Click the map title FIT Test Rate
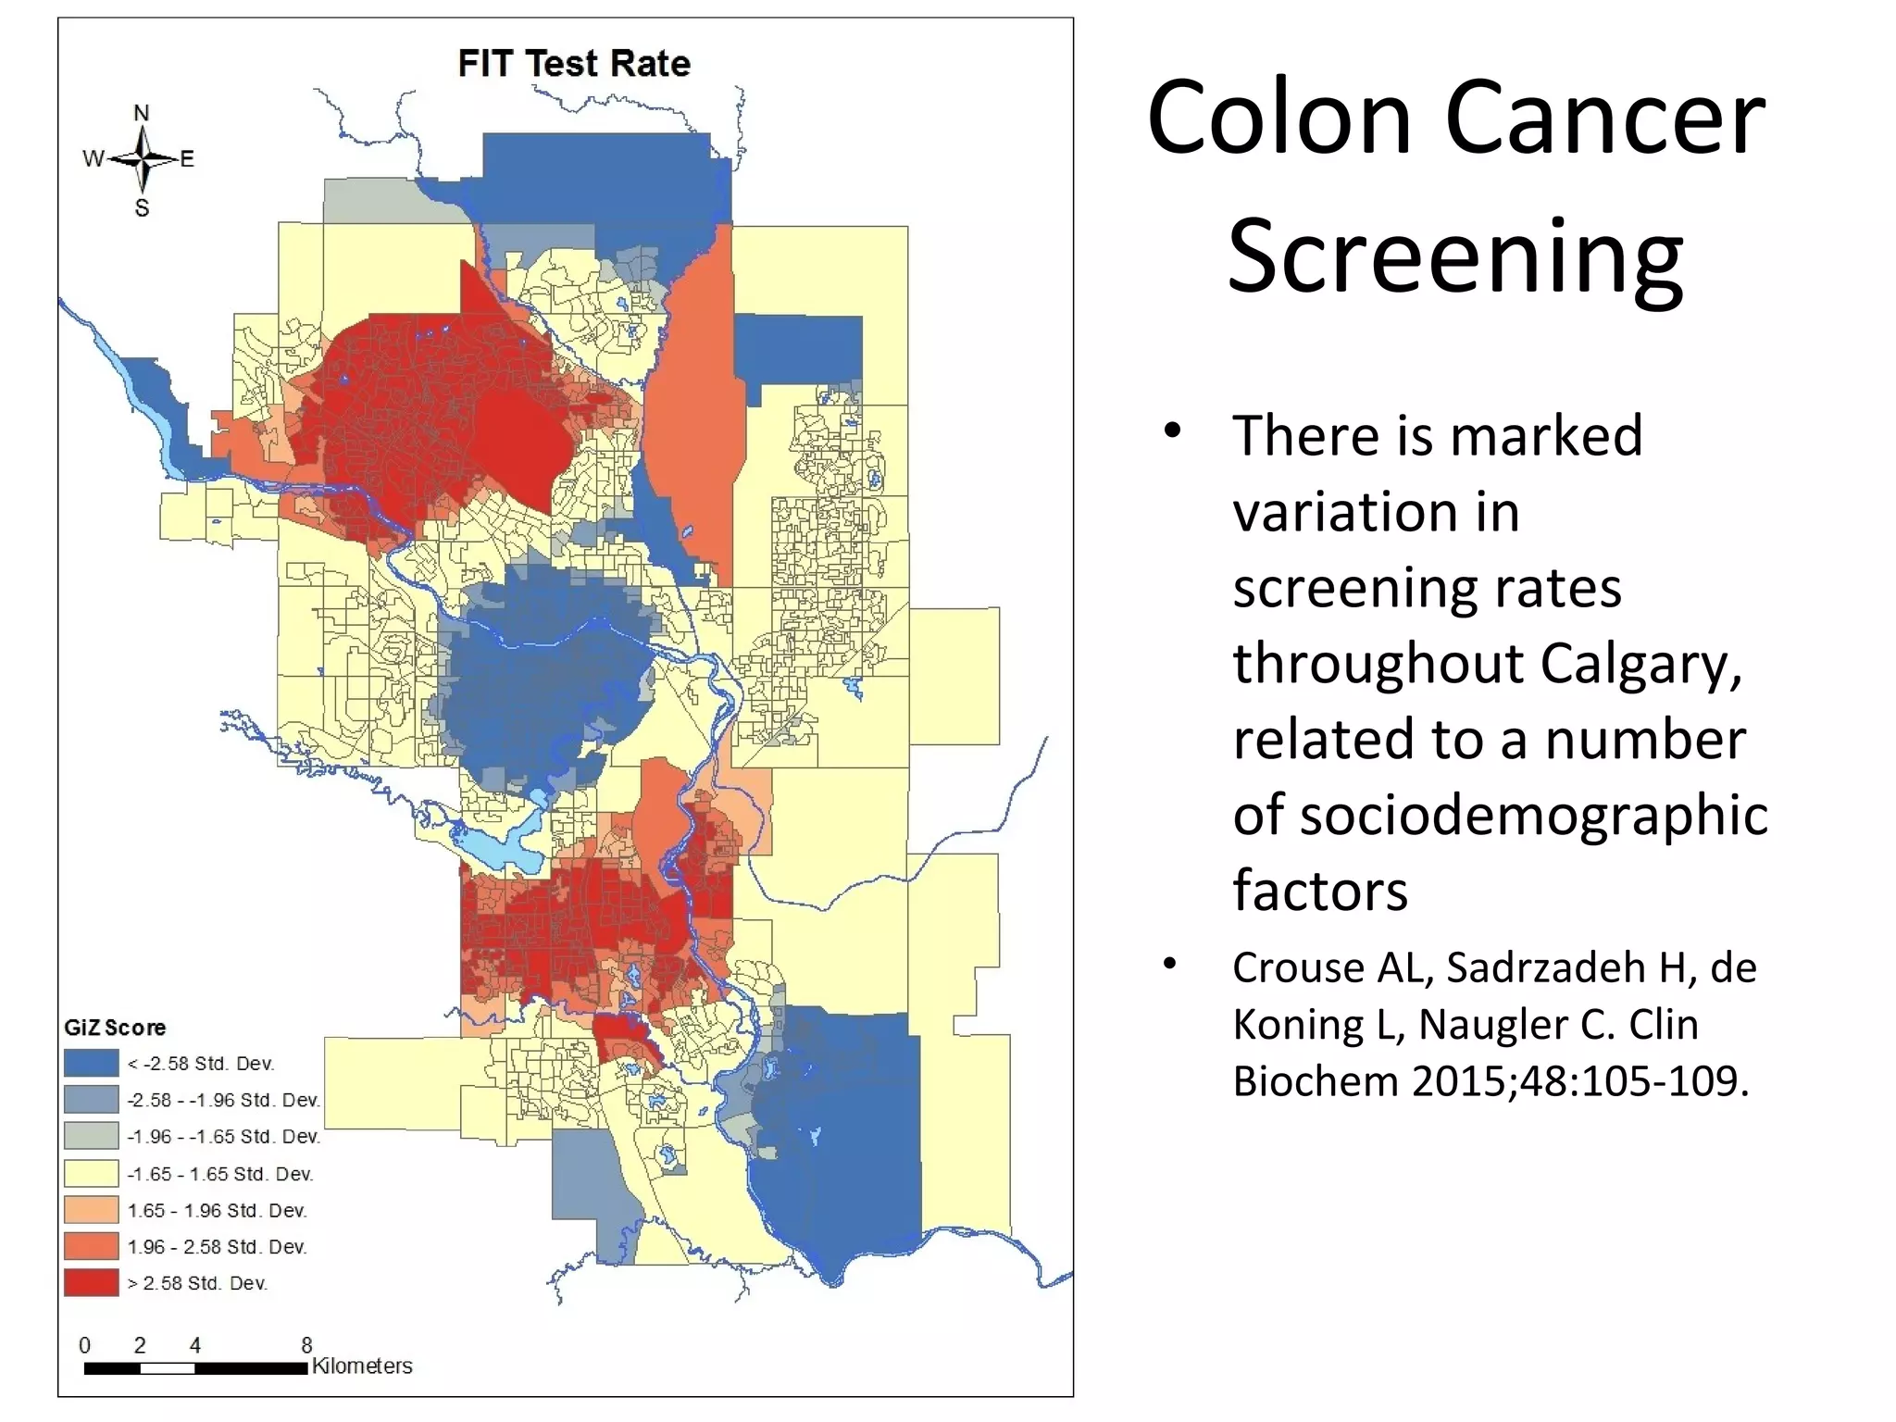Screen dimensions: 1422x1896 574,64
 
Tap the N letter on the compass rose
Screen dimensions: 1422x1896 142,113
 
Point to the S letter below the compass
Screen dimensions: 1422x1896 142,208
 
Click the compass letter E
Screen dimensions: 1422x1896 187,159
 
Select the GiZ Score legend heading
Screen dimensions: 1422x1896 115,1028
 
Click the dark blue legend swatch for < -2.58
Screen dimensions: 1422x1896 91,1063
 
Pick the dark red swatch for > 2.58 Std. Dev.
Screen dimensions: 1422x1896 91,1283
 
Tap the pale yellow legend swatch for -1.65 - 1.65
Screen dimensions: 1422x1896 91,1173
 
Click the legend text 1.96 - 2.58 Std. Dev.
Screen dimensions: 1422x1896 217,1247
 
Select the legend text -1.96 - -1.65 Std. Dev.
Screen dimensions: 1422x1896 223,1137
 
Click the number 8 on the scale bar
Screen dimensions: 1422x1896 306,1344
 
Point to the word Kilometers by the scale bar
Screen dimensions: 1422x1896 362,1366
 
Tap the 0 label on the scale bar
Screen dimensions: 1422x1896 85,1345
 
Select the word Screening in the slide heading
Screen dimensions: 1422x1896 1455,256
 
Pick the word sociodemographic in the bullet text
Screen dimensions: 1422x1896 1500,815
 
